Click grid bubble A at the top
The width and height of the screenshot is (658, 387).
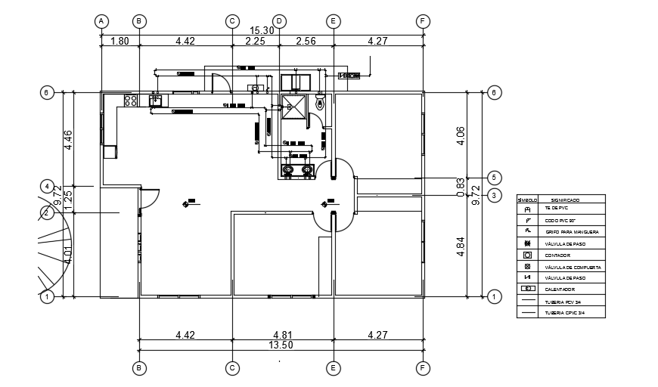(101, 21)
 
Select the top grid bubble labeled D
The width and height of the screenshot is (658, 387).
(279, 21)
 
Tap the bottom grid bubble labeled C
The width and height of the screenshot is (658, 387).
(232, 368)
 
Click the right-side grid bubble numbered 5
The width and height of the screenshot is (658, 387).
(494, 178)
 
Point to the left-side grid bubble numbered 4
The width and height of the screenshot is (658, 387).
(47, 185)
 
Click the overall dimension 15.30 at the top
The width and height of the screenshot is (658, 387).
(262, 30)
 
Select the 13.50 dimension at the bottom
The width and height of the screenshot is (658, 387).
(281, 345)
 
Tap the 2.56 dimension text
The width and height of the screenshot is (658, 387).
(306, 42)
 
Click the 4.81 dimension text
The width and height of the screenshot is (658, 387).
(281, 333)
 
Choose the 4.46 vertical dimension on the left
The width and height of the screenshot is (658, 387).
(68, 140)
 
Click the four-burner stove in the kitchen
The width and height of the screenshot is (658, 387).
(131, 99)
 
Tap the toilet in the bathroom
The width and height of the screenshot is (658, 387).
(320, 101)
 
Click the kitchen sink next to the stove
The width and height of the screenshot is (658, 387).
(156, 99)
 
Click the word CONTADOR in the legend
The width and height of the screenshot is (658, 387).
(557, 255)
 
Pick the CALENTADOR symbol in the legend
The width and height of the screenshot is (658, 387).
(527, 289)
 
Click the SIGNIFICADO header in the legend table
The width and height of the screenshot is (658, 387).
(565, 200)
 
